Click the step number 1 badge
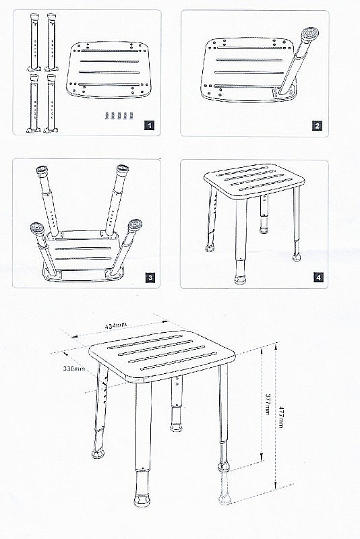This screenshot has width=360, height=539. pos(149,125)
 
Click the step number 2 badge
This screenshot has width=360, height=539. pos(317,125)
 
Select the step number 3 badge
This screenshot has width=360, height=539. pos(150,278)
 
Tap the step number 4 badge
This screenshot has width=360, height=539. pos(318,277)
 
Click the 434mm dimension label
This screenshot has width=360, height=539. pos(116,325)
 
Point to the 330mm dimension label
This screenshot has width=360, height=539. pos(74,369)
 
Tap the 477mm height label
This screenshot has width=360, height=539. pos(280,417)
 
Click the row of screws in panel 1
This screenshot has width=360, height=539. pos(119,115)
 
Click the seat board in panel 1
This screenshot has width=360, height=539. pos(109,69)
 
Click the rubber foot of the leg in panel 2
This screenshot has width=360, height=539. pos(309,34)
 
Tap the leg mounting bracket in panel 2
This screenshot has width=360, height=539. pos(284,90)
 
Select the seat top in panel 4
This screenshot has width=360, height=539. pos(254,181)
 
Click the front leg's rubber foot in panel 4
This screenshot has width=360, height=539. pos(241,278)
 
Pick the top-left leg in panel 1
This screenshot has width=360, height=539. pos(34,42)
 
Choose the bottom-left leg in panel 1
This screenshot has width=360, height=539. pos(34,103)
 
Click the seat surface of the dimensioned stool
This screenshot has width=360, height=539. pos(162,356)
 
